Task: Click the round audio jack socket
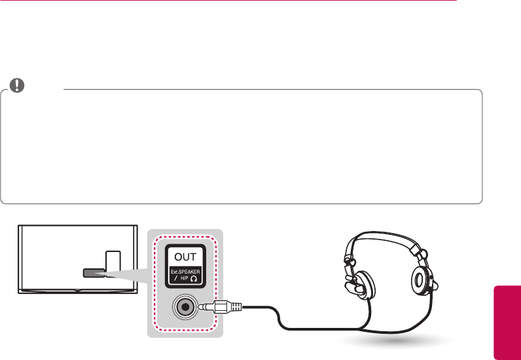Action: [186, 306]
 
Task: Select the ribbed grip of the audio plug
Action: [234, 306]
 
